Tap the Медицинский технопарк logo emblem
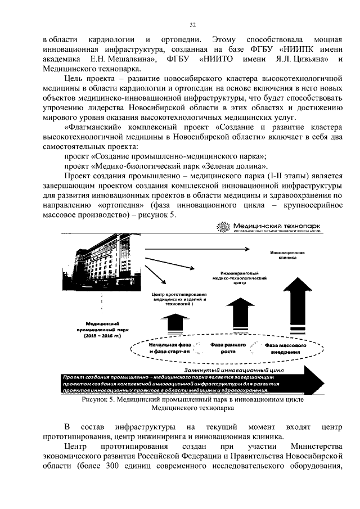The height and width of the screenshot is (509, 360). [223, 227]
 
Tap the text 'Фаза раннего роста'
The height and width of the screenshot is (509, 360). [226, 347]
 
